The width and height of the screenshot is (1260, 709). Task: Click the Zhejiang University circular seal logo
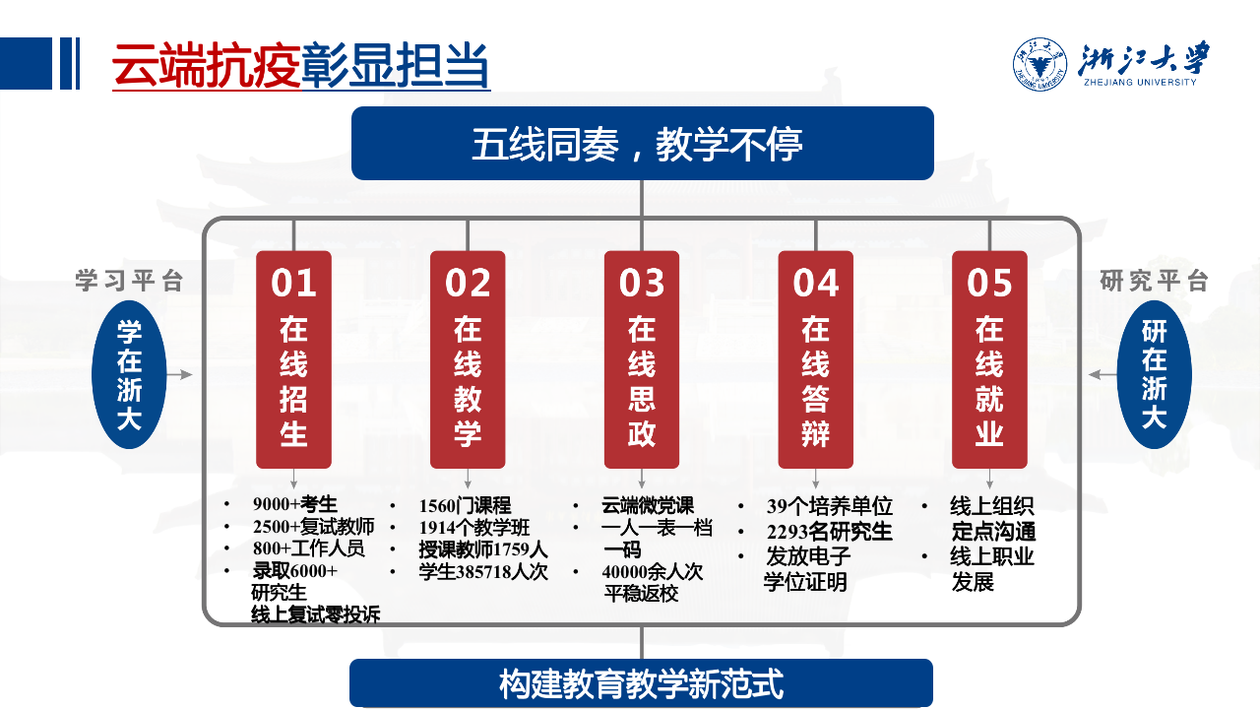tap(1039, 64)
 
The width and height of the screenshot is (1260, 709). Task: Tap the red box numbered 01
tap(293, 359)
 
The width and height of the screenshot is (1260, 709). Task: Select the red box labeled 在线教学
tap(468, 359)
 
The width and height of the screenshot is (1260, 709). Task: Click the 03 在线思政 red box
tap(642, 359)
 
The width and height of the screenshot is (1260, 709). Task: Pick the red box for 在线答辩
tap(816, 359)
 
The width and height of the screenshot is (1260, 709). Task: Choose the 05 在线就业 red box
tap(989, 359)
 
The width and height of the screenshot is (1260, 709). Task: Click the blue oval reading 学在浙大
tap(129, 375)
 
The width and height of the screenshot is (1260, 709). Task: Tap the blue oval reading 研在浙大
tap(1155, 375)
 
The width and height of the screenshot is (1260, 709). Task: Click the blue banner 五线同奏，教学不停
tap(643, 144)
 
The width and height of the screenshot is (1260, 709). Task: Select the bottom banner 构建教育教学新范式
tap(641, 683)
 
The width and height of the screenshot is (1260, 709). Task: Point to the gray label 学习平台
tap(129, 281)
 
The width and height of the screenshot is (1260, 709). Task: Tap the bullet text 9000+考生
tap(294, 503)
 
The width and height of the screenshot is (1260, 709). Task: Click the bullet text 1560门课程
tap(465, 505)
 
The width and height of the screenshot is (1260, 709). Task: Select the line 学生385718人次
tap(483, 572)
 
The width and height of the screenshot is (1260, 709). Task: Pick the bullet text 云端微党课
tap(648, 505)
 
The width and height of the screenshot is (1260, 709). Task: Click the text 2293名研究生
tap(829, 531)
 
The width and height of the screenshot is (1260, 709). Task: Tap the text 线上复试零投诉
tap(316, 614)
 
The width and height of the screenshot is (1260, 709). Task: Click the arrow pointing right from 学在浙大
tap(180, 375)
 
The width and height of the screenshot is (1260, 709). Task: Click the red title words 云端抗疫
tap(207, 65)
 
